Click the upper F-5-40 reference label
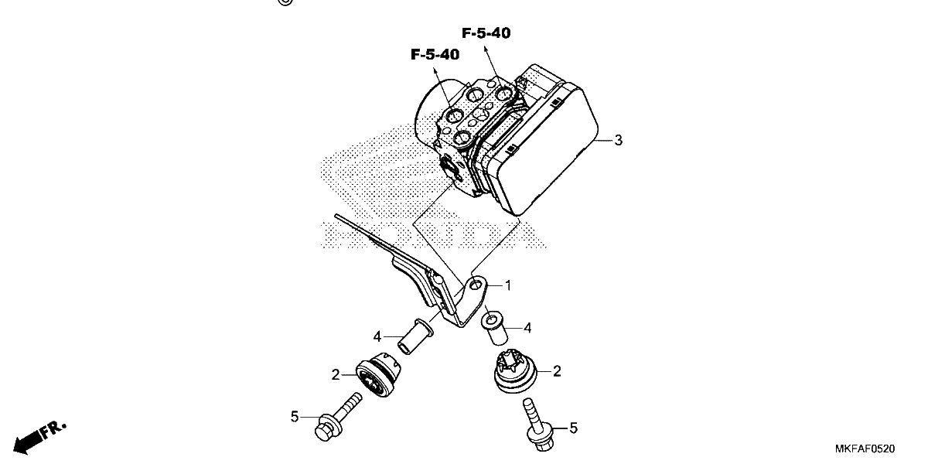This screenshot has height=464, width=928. pyautogui.click(x=486, y=33)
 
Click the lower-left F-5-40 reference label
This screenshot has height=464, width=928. pyautogui.click(x=435, y=55)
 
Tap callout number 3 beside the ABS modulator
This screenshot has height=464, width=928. pyautogui.click(x=618, y=141)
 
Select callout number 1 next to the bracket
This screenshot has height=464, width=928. pyautogui.click(x=508, y=286)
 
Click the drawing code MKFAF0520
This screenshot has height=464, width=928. pyautogui.click(x=865, y=449)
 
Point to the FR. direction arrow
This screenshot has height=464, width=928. pyautogui.click(x=39, y=438)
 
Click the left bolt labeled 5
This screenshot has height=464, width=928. pyautogui.click(x=338, y=416)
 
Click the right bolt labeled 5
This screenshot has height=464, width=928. pyautogui.click(x=537, y=425)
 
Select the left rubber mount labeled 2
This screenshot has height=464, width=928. pyautogui.click(x=378, y=374)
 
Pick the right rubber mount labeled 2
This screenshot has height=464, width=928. pyautogui.click(x=515, y=370)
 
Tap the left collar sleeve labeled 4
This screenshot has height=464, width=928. pyautogui.click(x=415, y=336)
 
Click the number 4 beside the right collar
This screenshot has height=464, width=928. pyautogui.click(x=527, y=328)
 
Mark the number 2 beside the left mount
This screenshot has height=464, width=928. pyautogui.click(x=336, y=375)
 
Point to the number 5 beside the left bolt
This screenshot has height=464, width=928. pyautogui.click(x=295, y=417)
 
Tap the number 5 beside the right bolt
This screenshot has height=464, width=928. pyautogui.click(x=573, y=428)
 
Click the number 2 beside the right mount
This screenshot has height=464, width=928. pyautogui.click(x=557, y=371)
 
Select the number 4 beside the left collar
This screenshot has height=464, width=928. pyautogui.click(x=377, y=337)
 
